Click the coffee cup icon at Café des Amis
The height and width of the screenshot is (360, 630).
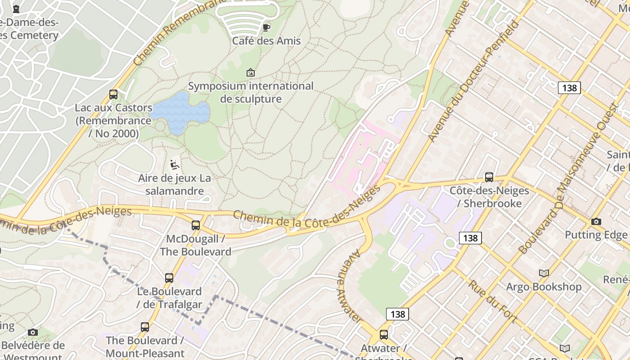coord(266,27)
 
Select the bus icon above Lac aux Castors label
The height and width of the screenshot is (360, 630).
coord(113,94)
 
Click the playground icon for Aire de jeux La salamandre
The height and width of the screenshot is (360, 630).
coord(175,165)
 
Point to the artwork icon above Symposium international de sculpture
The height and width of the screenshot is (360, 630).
coord(251,72)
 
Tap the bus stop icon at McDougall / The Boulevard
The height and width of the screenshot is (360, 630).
coord(196,225)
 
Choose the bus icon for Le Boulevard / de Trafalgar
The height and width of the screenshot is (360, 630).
coord(169,278)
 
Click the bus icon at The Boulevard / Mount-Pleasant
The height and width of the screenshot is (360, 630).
coord(145,327)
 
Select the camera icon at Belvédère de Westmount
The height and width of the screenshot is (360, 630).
coord(33,333)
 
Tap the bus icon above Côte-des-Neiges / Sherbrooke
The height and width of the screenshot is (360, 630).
coord(489,177)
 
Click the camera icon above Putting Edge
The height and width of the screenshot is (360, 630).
coord(596,221)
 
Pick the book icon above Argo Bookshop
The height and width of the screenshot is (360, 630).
coord(544,273)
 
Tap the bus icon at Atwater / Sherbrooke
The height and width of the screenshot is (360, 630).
coord(383,335)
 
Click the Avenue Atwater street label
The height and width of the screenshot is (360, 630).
coord(350,285)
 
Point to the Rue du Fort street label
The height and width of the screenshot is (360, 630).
coord(492,301)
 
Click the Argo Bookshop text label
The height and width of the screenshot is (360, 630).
coord(544,287)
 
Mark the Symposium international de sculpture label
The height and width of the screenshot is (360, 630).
coord(251,92)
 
